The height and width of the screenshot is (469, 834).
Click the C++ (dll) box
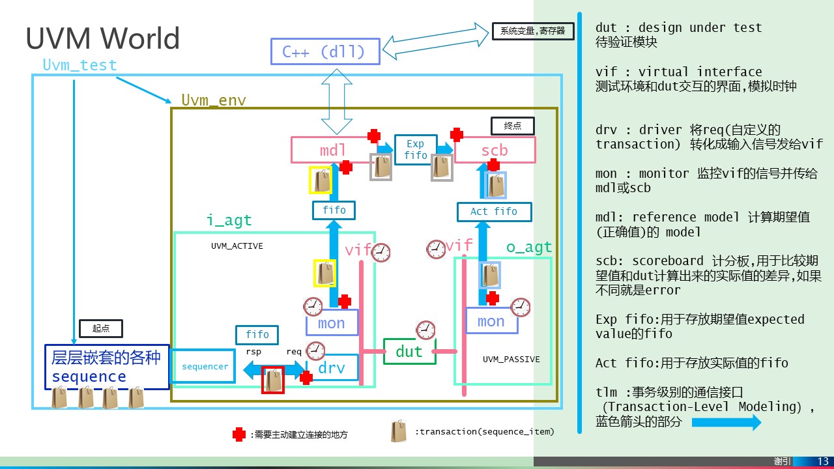click(x=324, y=51)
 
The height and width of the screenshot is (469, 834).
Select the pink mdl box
click(x=332, y=150)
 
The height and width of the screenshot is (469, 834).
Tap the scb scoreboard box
click(x=495, y=150)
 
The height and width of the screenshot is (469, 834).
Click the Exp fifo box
click(x=415, y=149)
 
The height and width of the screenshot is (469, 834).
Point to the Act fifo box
click(x=493, y=212)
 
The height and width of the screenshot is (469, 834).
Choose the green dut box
click(x=409, y=352)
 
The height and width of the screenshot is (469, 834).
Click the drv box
click(x=332, y=367)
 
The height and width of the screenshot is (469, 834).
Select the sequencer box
click(x=205, y=367)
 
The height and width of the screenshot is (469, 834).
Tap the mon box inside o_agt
click(x=491, y=321)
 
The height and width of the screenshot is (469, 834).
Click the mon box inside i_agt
click(x=332, y=323)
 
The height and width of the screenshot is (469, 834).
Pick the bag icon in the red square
click(x=272, y=380)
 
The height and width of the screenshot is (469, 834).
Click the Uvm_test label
click(x=79, y=65)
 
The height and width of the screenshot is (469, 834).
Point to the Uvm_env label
click(x=214, y=100)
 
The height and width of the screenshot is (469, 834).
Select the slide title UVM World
click(x=102, y=38)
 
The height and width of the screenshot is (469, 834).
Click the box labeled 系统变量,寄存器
click(x=532, y=31)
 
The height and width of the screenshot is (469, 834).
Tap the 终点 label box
click(x=512, y=126)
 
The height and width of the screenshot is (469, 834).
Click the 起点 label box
click(x=100, y=328)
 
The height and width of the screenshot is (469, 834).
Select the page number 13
click(x=822, y=461)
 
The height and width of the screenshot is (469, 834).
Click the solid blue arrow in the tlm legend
click(x=726, y=422)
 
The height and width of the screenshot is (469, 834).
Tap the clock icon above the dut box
click(x=425, y=330)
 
